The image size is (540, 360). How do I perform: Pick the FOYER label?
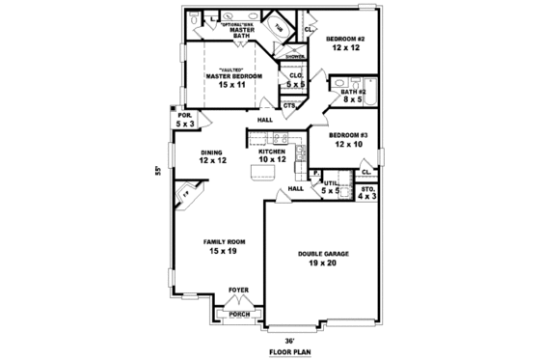pyautogui.click(x=237, y=290)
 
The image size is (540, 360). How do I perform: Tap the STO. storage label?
pyautogui.click(x=367, y=193)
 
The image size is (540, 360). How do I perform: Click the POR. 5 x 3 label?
pyautogui.click(x=184, y=119)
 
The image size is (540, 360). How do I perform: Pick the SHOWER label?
pyautogui.click(x=294, y=57)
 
